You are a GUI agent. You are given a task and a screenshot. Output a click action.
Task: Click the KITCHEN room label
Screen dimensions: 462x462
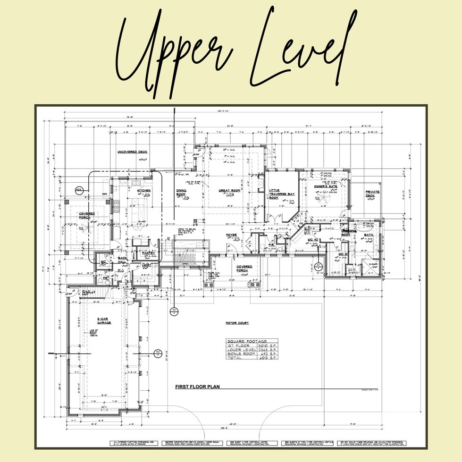click(144, 191)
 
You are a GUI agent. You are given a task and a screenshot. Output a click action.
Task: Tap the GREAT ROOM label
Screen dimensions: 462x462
click(229, 191)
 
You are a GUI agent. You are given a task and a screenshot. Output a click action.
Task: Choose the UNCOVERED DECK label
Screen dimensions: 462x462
click(133, 152)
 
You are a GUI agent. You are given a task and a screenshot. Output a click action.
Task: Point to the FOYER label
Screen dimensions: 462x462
click(231, 235)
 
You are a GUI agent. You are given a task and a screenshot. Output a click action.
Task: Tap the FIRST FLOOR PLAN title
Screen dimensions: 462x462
click(197, 386)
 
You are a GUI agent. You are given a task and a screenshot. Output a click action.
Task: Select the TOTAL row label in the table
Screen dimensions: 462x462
click(235, 358)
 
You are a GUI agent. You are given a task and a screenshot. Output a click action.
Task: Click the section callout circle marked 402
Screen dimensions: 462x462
click(78, 190)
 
